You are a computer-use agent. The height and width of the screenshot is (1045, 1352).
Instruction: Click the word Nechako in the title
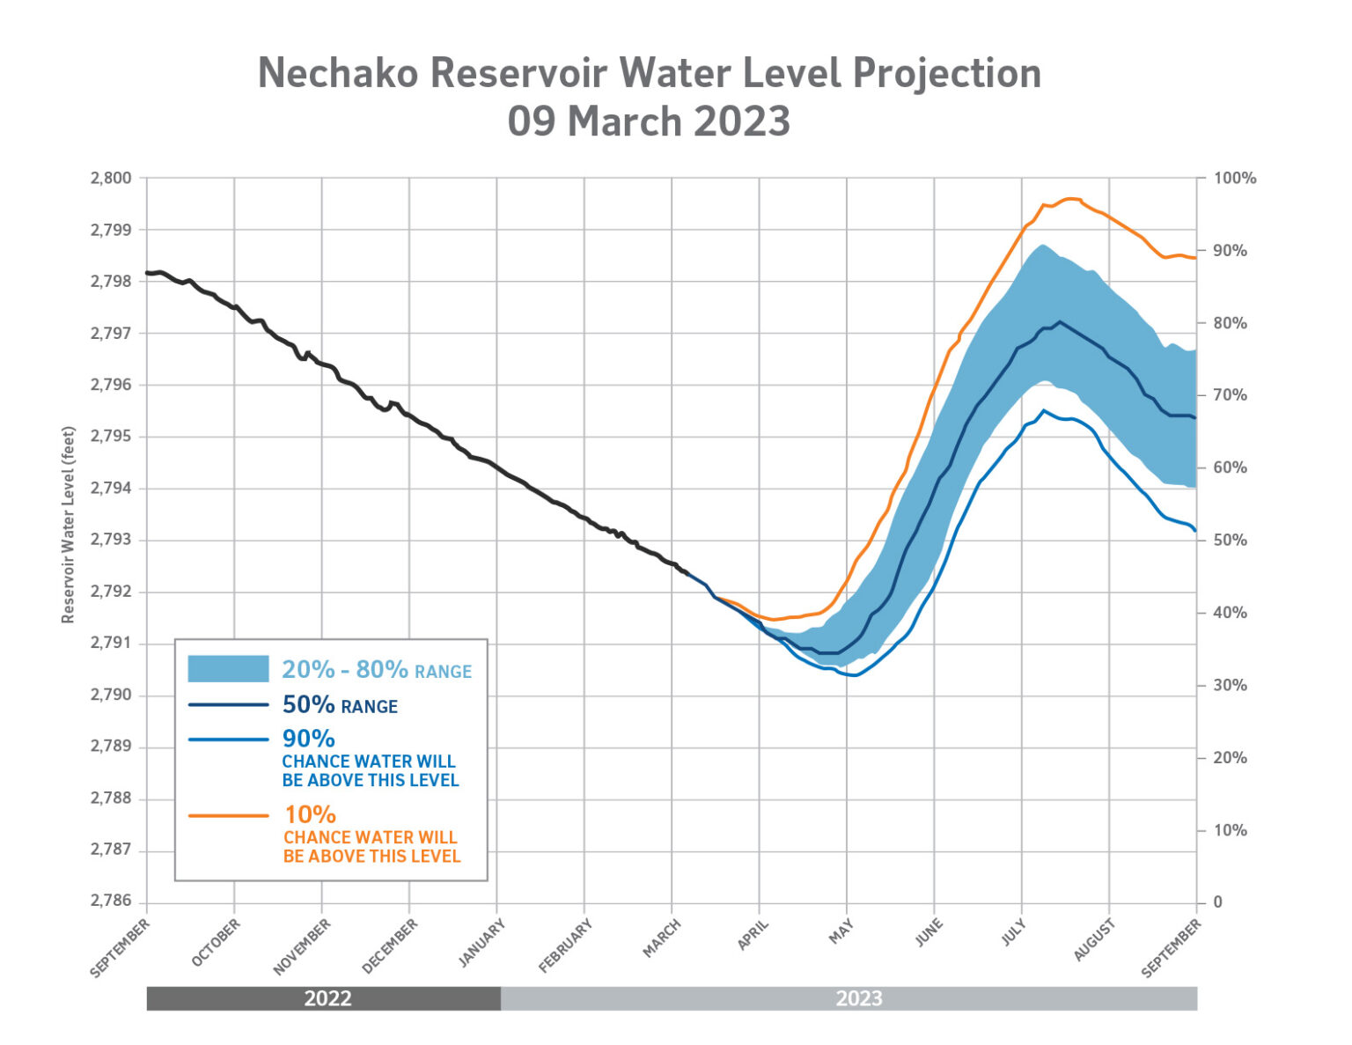[337, 73]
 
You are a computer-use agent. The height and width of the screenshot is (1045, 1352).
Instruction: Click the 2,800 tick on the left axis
[111, 179]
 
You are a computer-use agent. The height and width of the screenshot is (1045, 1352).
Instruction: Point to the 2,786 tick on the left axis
[111, 901]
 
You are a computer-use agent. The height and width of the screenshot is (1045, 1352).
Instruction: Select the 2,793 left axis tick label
[111, 540]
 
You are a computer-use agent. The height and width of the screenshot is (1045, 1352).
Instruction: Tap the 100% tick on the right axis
[1235, 179]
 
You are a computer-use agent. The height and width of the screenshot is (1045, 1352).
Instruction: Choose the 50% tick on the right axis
[1231, 541]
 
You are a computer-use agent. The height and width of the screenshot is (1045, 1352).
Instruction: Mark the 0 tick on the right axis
[1218, 901]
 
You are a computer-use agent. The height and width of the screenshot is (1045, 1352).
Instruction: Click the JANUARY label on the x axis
[482, 944]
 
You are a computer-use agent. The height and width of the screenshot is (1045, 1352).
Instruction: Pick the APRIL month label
[753, 936]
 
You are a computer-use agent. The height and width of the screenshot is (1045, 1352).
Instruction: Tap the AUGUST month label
[1095, 940]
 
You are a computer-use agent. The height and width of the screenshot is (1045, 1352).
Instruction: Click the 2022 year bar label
[327, 998]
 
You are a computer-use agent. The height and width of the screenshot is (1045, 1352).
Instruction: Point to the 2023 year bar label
[859, 998]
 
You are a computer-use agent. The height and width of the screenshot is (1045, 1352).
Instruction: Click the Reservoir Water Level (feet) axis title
[69, 526]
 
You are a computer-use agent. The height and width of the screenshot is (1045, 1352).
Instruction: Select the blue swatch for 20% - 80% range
[228, 669]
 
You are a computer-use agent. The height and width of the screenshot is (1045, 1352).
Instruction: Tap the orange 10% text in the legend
[310, 814]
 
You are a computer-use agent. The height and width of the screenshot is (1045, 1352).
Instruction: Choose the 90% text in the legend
[308, 739]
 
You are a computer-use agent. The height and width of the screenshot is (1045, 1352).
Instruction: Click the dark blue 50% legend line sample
[228, 705]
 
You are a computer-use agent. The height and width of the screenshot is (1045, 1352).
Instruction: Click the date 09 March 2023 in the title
[649, 121]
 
